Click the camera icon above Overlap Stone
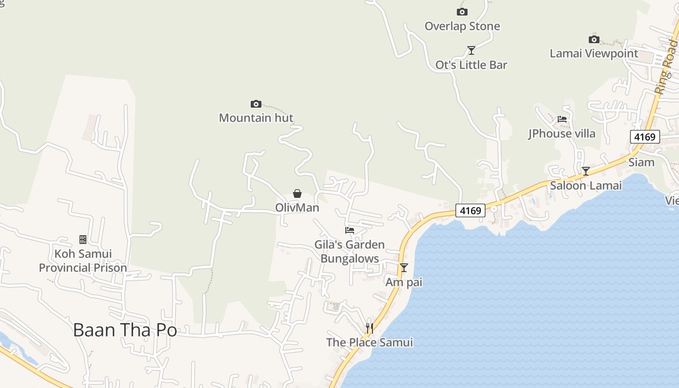(x=462, y=12)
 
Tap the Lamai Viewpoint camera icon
(x=594, y=39)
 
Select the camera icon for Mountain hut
(x=256, y=104)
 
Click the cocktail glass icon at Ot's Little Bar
(x=471, y=50)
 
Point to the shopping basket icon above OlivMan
(x=297, y=194)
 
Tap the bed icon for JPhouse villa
(x=562, y=119)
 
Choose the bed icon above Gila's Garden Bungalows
(x=350, y=230)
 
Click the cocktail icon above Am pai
(x=404, y=267)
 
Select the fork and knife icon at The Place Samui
(x=370, y=328)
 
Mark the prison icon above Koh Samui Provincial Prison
(x=83, y=239)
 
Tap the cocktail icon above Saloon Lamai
(x=586, y=171)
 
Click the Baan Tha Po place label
(x=125, y=330)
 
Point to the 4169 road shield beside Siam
(x=645, y=137)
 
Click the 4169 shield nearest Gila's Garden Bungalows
(x=470, y=210)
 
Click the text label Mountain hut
(x=256, y=118)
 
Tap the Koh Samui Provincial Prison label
(x=83, y=261)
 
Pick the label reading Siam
(x=641, y=162)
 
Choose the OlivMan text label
(x=297, y=208)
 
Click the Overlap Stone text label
(x=462, y=26)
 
